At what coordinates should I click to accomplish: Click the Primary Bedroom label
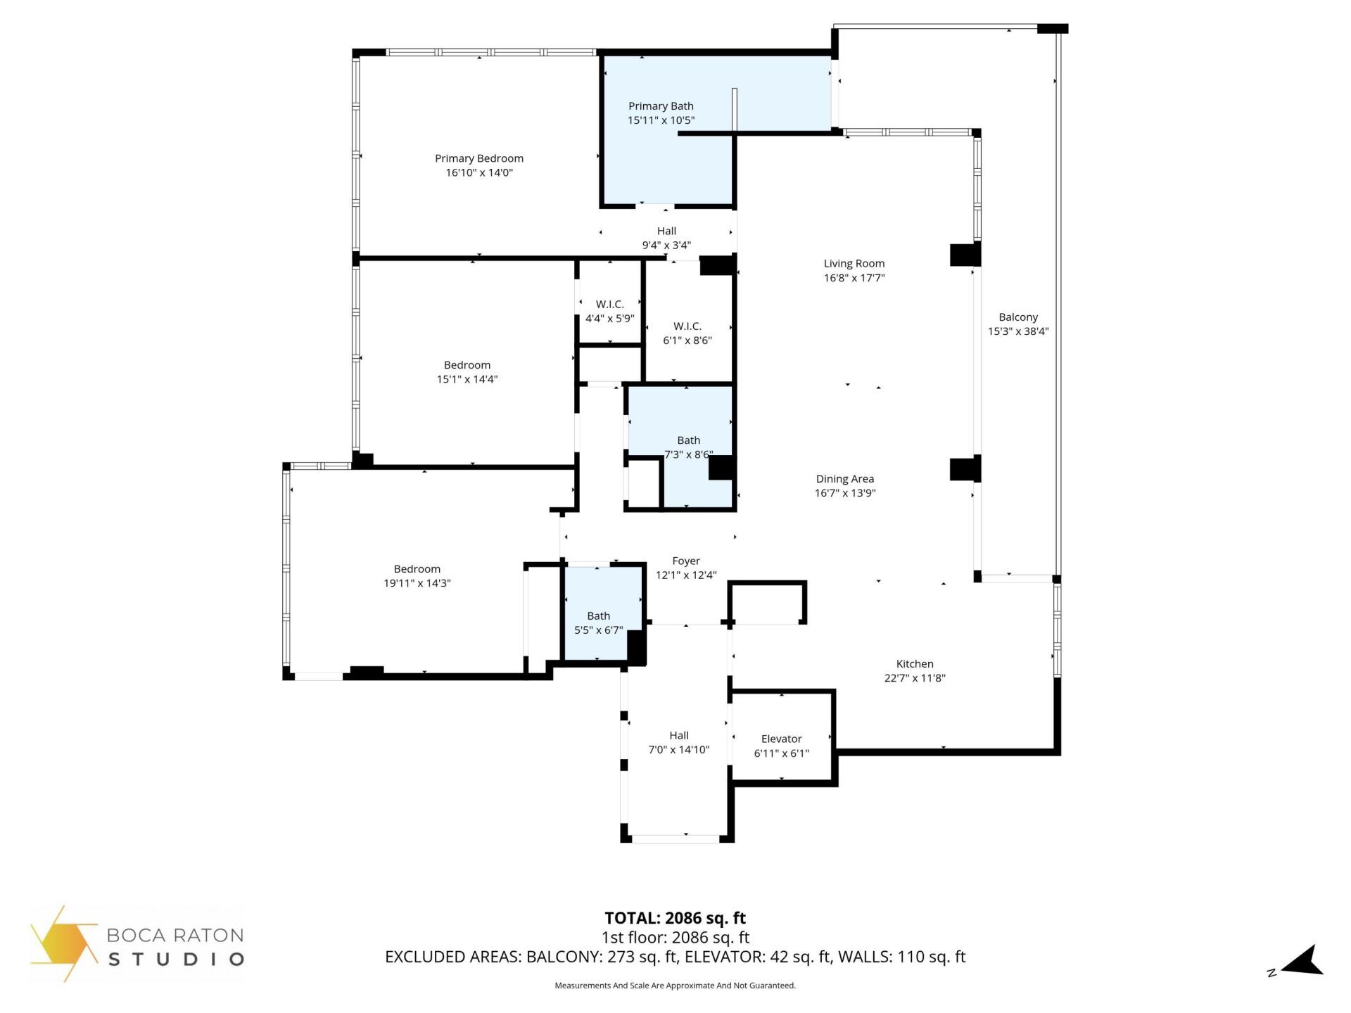click(478, 158)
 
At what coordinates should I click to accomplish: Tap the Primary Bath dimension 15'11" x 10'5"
click(661, 120)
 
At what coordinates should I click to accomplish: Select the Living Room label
click(854, 263)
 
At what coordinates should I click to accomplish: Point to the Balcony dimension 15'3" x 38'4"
click(1017, 331)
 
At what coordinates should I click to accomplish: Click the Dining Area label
click(844, 478)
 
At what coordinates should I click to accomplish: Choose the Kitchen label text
click(914, 663)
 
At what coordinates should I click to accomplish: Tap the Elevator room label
click(781, 739)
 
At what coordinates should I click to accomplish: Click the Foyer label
click(685, 561)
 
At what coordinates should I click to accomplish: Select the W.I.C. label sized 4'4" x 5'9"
click(609, 304)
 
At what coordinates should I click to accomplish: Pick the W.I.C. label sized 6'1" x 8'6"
click(687, 326)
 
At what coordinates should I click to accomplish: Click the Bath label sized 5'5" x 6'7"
click(598, 616)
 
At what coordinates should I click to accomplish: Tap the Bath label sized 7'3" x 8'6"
click(688, 440)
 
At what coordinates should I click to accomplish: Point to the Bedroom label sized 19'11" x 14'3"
click(417, 568)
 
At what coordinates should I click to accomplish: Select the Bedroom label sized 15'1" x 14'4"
click(467, 364)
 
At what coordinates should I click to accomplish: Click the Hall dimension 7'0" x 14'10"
click(678, 750)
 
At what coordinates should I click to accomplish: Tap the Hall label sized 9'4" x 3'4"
click(666, 231)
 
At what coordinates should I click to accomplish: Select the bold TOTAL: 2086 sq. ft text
click(675, 917)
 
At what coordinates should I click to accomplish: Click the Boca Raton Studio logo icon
click(63, 943)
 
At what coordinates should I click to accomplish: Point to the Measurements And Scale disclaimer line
click(675, 986)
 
